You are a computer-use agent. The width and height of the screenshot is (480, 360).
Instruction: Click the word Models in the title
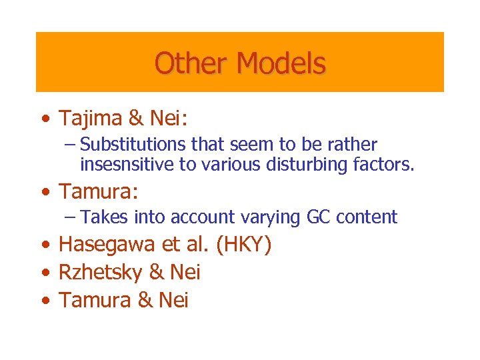click(x=281, y=64)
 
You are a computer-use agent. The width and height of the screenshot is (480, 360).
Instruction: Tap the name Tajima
click(x=90, y=119)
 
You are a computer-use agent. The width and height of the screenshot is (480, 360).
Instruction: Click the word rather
click(x=357, y=145)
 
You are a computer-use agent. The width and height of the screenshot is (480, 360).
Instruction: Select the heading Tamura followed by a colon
click(x=98, y=192)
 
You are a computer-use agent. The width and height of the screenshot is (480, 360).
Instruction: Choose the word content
click(x=365, y=217)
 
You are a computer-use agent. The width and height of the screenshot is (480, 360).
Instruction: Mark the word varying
click(x=271, y=217)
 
